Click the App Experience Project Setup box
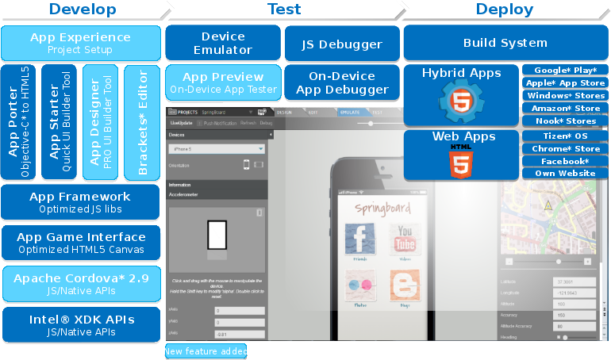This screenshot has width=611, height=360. (x=81, y=43)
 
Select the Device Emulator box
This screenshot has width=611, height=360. (x=223, y=43)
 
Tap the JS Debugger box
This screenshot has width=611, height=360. (x=342, y=44)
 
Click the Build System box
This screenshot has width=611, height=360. (x=505, y=43)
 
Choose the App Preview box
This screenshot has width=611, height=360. (x=223, y=82)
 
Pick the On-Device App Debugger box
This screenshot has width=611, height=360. (x=342, y=82)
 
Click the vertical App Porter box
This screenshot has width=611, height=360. (x=19, y=123)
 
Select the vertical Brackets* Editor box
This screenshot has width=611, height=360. (x=143, y=123)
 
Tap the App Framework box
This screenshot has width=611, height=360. (x=81, y=202)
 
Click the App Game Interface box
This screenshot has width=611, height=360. (x=81, y=243)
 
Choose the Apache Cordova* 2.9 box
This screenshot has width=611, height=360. (x=81, y=283)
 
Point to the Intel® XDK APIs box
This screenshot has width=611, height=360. (x=81, y=324)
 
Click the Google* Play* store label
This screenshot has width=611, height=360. (x=565, y=71)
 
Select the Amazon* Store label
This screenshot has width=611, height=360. (x=565, y=108)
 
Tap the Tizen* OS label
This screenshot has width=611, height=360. (x=565, y=136)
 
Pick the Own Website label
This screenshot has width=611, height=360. (x=565, y=173)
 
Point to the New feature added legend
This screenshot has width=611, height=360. (x=206, y=351)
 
